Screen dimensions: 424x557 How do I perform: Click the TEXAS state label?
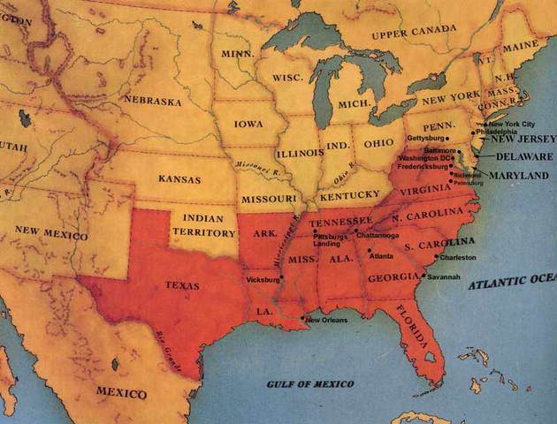point(182,286)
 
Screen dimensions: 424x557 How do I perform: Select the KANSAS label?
point(179,178)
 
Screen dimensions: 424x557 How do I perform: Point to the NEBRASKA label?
point(152,100)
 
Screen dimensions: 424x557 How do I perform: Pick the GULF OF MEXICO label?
point(310,384)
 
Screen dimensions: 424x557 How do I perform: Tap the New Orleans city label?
point(326,320)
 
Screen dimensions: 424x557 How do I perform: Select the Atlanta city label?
point(381,256)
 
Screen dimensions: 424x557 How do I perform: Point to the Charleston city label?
point(457,257)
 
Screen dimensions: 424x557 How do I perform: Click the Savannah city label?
point(443,277)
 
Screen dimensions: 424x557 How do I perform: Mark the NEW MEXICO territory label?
point(51,233)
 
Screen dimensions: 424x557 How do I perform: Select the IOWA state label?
point(248,125)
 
